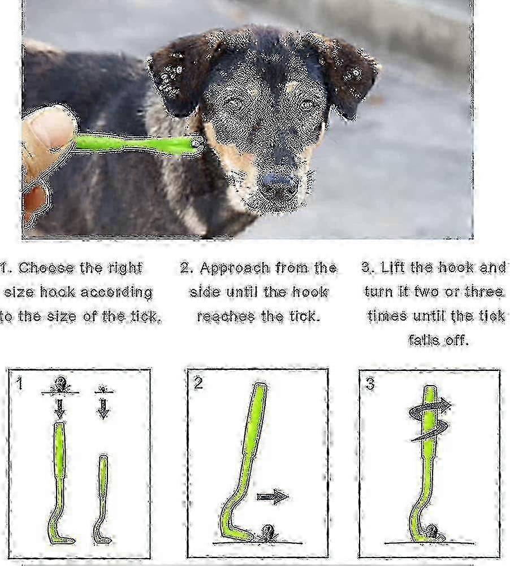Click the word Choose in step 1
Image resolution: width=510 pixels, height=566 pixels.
coord(46,268)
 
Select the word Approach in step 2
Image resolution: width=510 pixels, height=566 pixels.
coord(235,269)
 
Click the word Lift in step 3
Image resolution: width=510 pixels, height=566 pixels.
coord(393,267)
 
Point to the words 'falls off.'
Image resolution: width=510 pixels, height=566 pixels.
coord(438,340)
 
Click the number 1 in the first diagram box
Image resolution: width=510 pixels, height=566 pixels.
coord(20,383)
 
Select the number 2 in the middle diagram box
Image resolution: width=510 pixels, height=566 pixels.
coord(198,383)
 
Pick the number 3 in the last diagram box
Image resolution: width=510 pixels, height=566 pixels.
coord(370,384)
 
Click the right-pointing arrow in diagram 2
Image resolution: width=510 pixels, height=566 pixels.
coord(273,496)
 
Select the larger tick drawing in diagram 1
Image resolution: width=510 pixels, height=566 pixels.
coord(60,385)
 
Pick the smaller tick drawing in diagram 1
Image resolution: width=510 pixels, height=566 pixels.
coord(103,390)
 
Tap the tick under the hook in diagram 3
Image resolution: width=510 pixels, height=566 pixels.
coord(433,533)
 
